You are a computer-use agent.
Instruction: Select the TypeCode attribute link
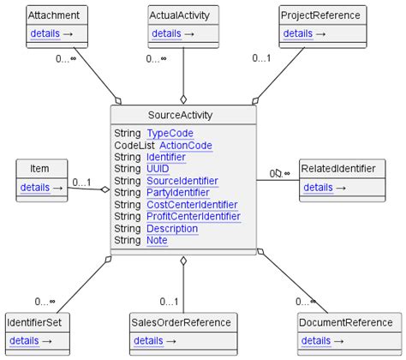(170, 134)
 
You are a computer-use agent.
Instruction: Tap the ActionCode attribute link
(185, 146)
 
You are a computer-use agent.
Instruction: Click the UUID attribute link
(158, 170)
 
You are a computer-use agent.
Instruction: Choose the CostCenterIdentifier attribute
(192, 205)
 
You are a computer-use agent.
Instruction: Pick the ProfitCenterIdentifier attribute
(193, 217)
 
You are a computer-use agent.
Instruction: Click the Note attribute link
(157, 241)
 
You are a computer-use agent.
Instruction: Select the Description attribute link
(172, 229)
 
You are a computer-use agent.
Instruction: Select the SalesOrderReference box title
(182, 322)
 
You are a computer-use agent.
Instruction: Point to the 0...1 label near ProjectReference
(261, 58)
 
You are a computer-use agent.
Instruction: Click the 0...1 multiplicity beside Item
(82, 182)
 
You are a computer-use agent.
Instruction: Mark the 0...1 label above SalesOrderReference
(169, 301)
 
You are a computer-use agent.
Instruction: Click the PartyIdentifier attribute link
(177, 193)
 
